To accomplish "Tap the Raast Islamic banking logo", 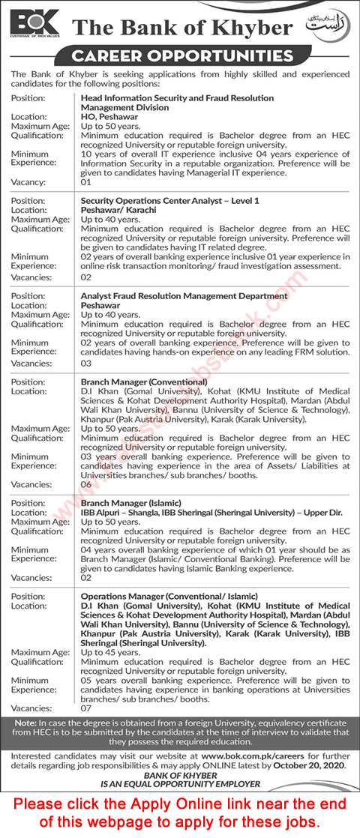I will (328, 25).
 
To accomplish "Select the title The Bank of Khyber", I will (182, 28).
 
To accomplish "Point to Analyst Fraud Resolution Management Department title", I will (184, 295).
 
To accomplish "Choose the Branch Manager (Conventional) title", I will (144, 382).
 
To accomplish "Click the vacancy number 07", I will (85, 708).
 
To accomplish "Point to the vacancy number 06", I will (85, 485).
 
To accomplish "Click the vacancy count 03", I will (85, 363).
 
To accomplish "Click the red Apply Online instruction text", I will (180, 813).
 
